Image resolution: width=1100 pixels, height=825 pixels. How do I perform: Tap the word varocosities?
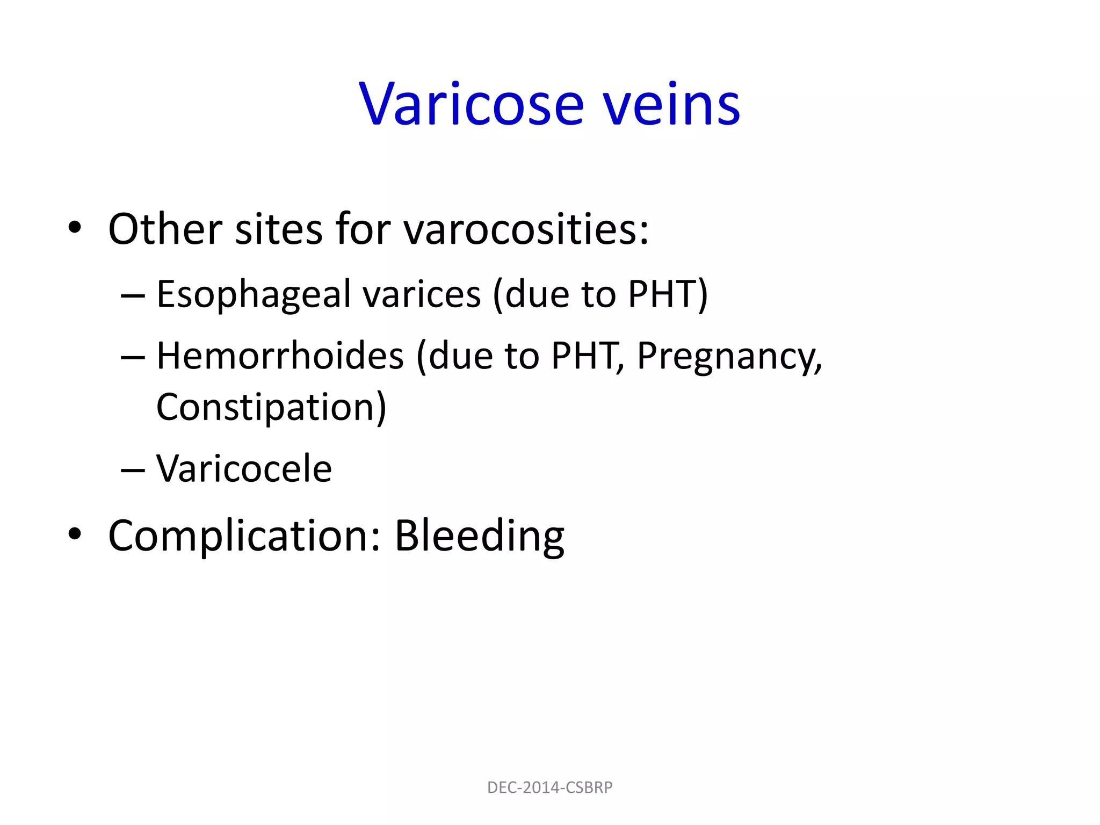point(526,230)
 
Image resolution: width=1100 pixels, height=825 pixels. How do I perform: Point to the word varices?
point(422,295)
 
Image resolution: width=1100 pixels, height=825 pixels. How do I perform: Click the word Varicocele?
point(244,469)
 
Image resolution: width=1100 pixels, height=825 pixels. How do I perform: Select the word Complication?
point(244,536)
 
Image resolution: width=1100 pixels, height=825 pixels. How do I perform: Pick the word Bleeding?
point(479,536)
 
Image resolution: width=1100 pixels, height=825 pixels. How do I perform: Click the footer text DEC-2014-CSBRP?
point(549,787)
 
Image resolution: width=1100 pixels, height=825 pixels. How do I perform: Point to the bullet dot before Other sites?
point(75,228)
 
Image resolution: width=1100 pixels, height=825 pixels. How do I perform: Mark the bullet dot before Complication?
point(75,534)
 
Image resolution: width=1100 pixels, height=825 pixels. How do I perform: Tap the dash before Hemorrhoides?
point(133,358)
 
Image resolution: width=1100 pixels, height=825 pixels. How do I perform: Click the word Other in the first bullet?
point(165,230)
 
